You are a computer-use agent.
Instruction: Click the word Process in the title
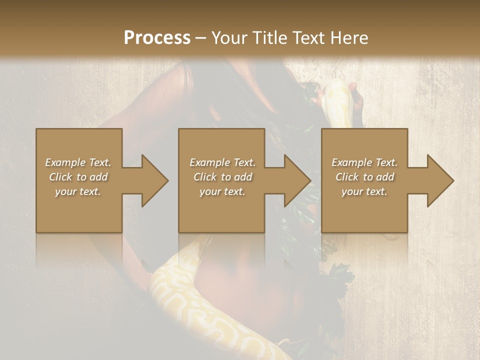[157, 38]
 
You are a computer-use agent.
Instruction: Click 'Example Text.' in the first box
[78, 162]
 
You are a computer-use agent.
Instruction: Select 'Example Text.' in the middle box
[222, 162]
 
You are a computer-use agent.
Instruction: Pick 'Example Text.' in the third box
[364, 162]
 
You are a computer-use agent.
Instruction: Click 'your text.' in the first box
[78, 191]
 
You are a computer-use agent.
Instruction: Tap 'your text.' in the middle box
[222, 191]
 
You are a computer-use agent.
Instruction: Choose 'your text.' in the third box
[364, 191]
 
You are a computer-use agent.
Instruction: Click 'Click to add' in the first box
[78, 177]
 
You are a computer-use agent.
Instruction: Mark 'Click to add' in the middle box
[222, 177]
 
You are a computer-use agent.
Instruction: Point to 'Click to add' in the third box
[364, 177]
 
